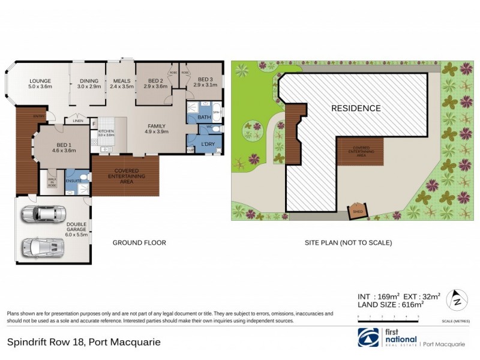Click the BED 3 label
pos(205,79)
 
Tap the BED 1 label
pos(65,147)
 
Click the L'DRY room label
pos(208,145)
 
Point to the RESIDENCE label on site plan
pos(356,109)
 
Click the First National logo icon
pos(368,338)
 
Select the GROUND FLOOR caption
pos(139,243)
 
